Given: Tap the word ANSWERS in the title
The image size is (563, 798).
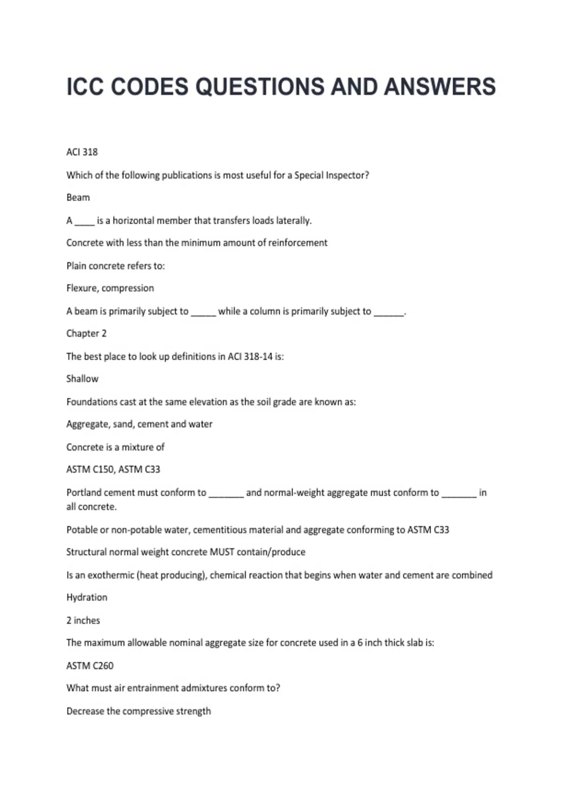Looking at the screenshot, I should (x=440, y=87).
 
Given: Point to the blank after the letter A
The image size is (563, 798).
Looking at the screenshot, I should (x=84, y=222).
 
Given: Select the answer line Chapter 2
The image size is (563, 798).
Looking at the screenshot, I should (x=86, y=333).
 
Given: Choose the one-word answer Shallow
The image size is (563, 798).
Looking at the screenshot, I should (x=82, y=379).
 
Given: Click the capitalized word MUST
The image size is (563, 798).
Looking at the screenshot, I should (x=222, y=552).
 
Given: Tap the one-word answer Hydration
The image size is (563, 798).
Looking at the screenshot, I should (x=87, y=598).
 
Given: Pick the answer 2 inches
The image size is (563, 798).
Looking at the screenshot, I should (x=83, y=621).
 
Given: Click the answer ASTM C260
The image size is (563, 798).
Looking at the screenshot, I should (x=90, y=666).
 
